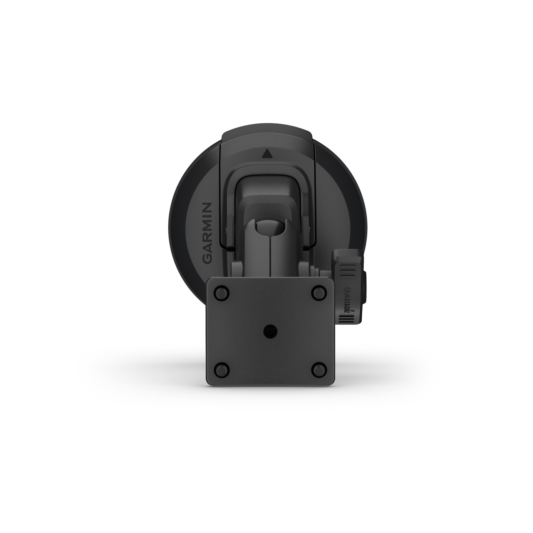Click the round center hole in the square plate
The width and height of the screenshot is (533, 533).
pos(270,330)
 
